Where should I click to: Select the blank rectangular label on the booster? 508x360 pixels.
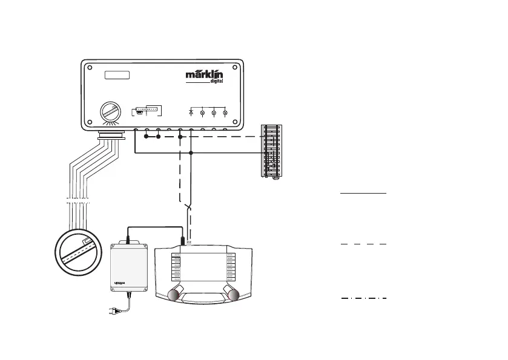[x=117, y=76]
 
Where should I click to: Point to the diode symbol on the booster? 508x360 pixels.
[x=191, y=113]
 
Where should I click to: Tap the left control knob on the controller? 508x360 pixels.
[x=174, y=294]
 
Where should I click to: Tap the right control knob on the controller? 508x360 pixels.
[x=232, y=294]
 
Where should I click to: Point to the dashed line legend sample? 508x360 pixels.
[x=363, y=243]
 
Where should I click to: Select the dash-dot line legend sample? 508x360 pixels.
[x=363, y=298]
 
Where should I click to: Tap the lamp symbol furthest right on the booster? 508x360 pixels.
[x=225, y=113]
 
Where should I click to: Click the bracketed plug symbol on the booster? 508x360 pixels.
[x=143, y=112]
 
